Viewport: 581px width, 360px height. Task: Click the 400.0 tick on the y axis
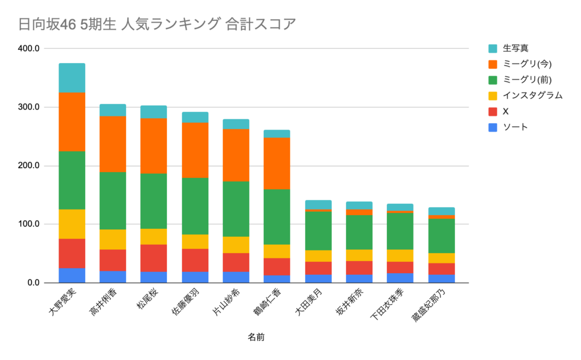click(x=28, y=49)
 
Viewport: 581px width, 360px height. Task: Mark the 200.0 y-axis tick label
click(x=28, y=166)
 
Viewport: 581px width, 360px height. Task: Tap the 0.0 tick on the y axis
click(x=32, y=283)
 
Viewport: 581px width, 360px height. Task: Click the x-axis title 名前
click(x=256, y=337)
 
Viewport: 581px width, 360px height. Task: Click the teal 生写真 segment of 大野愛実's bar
click(x=72, y=78)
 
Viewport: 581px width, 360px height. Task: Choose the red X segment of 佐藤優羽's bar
click(x=195, y=260)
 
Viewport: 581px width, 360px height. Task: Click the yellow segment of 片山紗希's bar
click(x=235, y=245)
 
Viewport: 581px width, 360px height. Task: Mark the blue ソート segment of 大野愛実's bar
click(x=72, y=275)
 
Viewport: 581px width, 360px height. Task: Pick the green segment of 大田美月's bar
click(x=318, y=231)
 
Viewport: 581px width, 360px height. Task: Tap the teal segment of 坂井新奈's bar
click(x=359, y=205)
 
